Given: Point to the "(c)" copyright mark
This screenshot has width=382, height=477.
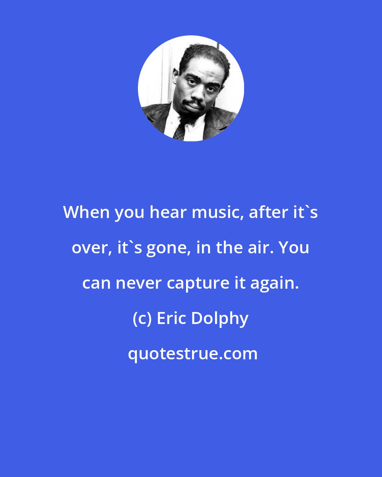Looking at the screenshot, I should click(x=142, y=318).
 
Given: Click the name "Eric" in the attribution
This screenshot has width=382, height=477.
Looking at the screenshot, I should click(x=171, y=318).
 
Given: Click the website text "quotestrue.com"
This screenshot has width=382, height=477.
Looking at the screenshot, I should click(x=193, y=354).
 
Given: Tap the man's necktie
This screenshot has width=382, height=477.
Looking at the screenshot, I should click(x=179, y=131).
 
